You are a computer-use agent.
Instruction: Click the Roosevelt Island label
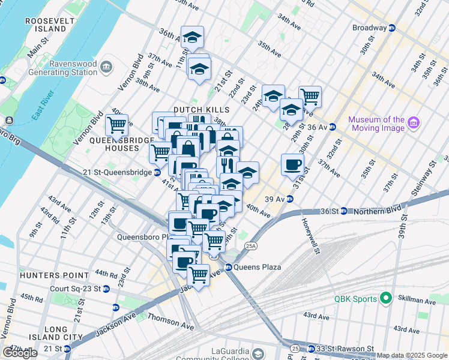pos(46,25)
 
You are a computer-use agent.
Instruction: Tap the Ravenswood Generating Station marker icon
pos(107,65)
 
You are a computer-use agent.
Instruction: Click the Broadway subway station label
pos(369,28)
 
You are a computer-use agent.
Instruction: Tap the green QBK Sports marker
pos(385,298)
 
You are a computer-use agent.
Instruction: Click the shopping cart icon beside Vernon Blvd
pos(116,124)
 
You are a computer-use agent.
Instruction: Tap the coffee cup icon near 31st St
pos(292,164)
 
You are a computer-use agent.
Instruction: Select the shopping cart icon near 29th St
pos(310,95)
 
